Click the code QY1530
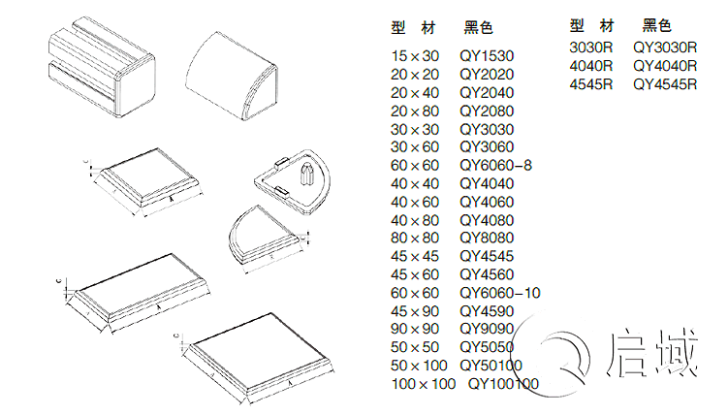pos(487,56)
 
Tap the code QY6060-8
pos(496,166)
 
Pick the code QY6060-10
pos(500,293)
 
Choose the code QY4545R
pos(665,84)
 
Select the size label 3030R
pos(591,47)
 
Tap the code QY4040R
pos(665,66)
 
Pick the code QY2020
pos(487,75)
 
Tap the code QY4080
pos(487,220)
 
